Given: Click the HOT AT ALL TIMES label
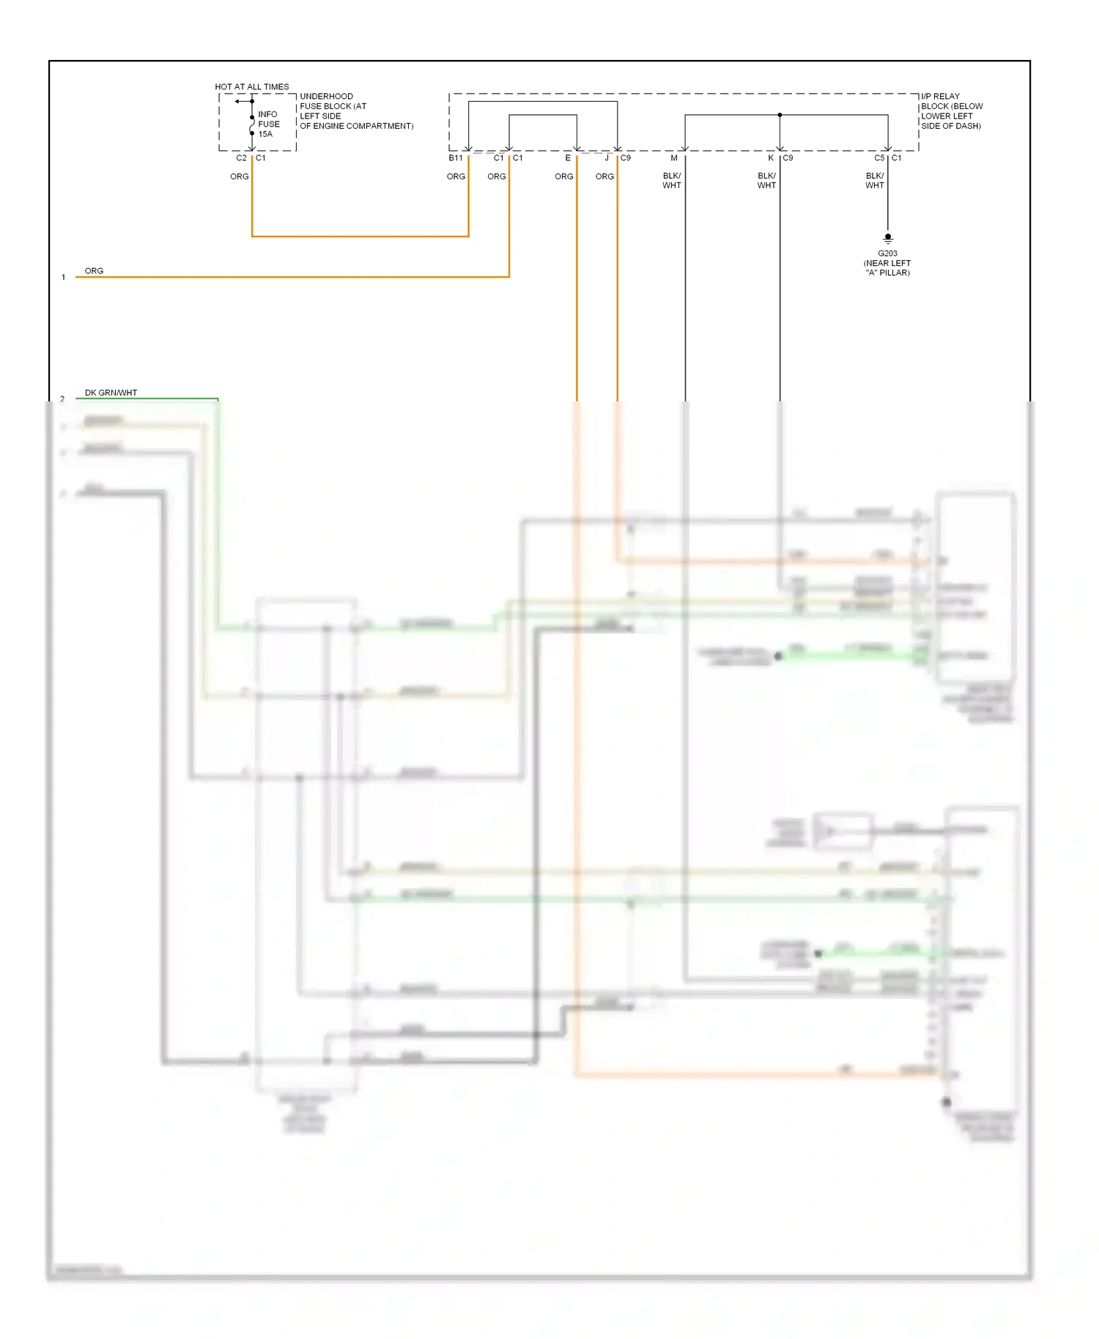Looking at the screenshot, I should (251, 86).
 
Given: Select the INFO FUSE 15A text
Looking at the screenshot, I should (268, 124).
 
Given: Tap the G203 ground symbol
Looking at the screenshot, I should (887, 238).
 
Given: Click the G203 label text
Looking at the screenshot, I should (887, 253).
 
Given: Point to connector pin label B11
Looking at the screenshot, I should (456, 158).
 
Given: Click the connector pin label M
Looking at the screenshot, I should (674, 158).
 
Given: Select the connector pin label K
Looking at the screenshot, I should (770, 158).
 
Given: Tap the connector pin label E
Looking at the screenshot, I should (568, 158).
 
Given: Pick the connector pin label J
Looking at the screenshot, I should (607, 158).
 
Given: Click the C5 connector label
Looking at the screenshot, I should (879, 158).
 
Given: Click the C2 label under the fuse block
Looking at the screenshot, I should (241, 158).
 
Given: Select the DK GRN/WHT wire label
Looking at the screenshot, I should (111, 393).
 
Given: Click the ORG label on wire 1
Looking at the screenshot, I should (94, 271).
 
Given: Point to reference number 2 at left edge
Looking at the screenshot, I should (62, 399).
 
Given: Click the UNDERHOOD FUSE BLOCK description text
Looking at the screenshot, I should (355, 111).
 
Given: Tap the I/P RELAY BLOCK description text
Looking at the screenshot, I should (951, 111).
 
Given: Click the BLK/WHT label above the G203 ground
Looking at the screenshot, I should (875, 180).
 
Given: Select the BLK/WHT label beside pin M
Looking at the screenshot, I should (671, 180).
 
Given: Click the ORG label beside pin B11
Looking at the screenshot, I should (456, 177).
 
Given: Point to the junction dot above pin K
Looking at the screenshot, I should (780, 115).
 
